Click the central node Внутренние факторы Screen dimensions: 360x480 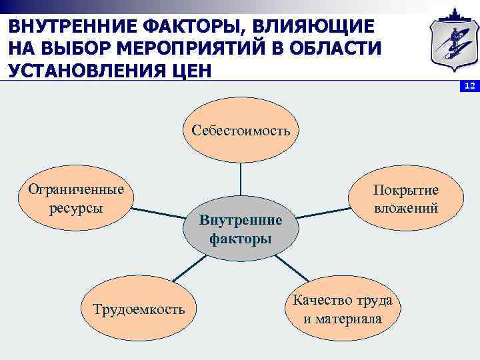(x=241, y=229)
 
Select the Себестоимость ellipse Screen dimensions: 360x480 (x=241, y=130)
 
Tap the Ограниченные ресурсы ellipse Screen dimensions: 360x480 (x=76, y=198)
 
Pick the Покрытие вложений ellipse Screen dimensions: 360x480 (x=405, y=199)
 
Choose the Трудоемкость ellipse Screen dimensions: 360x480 (x=139, y=309)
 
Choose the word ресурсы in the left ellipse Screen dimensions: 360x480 (x=76, y=207)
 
